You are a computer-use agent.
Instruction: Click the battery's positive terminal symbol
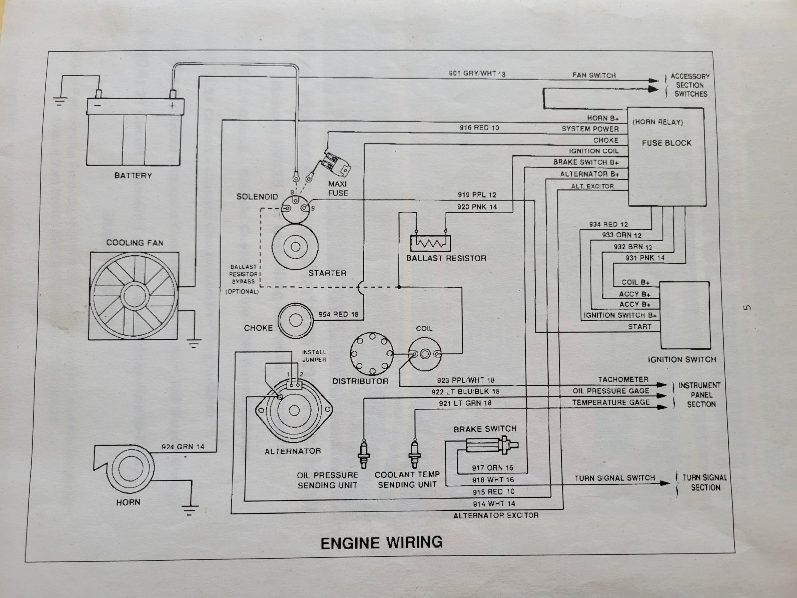[x=173, y=106]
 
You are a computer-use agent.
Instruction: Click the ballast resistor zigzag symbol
[x=429, y=243]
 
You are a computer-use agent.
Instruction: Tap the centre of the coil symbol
[x=425, y=353]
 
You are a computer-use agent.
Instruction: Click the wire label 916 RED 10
[x=479, y=128]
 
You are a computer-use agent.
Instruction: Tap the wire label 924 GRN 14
[x=183, y=446]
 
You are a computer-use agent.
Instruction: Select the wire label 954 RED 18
[x=338, y=315]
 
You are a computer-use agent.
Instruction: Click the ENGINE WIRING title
[x=381, y=542]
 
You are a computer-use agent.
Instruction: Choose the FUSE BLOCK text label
[x=666, y=143]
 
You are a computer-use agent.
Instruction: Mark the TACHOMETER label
[x=623, y=380]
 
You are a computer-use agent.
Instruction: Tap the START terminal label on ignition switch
[x=639, y=327]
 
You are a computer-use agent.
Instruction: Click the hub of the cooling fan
[x=133, y=295]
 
